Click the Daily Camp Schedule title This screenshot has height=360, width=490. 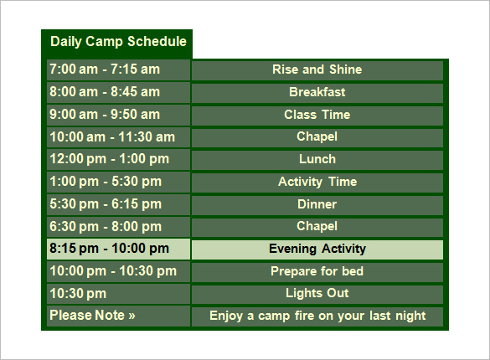coord(117,42)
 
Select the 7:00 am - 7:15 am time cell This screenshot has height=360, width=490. coord(104,69)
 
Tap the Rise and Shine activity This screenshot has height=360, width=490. coord(317,69)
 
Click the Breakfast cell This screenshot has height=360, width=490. coord(317,92)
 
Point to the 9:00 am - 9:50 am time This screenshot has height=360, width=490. coord(104,115)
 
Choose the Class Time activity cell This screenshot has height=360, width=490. coord(317,115)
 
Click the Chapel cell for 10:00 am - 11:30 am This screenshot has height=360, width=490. coord(317,136)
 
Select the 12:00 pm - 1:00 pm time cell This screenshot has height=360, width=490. coord(109,159)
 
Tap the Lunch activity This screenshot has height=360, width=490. coord(317,159)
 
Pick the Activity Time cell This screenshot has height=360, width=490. coord(317,182)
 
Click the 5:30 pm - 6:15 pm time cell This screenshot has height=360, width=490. coord(106,204)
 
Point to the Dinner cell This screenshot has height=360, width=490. coord(317,204)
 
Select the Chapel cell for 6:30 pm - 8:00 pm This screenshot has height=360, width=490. coord(317,226)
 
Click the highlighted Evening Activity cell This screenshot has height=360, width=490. coord(317,249)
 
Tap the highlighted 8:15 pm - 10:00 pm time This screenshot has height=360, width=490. coord(109,249)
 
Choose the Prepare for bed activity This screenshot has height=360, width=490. coord(317,271)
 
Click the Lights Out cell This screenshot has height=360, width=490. coord(317,293)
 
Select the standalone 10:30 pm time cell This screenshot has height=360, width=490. coord(78,293)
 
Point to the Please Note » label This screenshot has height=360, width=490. coord(92,316)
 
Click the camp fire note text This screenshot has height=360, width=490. coord(317,316)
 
